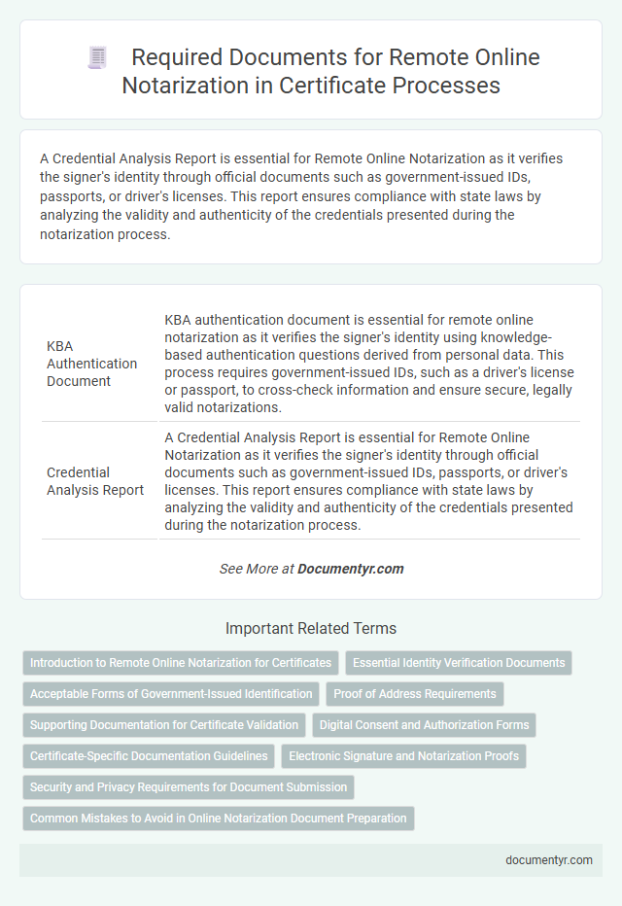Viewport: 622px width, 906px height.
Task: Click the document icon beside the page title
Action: [x=97, y=57]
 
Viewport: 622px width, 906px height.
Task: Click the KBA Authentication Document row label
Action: [x=92, y=364]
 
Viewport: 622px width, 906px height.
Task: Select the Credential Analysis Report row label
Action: [x=95, y=480]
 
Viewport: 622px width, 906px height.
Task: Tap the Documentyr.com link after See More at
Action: [x=351, y=569]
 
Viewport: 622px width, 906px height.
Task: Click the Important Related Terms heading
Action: [x=310, y=628]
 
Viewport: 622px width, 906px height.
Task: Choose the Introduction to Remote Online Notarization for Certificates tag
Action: [x=181, y=663]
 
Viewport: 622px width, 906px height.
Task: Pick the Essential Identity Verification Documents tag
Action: [x=459, y=663]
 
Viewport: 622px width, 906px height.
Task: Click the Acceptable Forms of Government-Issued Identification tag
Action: [x=171, y=694]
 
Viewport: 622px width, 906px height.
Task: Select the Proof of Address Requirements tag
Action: [x=416, y=694]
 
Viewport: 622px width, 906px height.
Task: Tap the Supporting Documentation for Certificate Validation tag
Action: [x=163, y=725]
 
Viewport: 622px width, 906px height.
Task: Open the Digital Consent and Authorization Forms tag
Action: [x=425, y=725]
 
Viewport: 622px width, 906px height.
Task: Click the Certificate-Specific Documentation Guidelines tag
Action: [x=149, y=756]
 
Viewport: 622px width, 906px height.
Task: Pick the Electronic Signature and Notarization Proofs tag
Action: [x=403, y=756]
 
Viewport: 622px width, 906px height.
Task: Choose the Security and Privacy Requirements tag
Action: [x=189, y=787]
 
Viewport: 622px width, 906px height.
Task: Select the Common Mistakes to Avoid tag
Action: [x=219, y=819]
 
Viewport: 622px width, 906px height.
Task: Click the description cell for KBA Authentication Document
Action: [x=368, y=364]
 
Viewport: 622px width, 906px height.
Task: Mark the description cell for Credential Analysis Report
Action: [x=368, y=480]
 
